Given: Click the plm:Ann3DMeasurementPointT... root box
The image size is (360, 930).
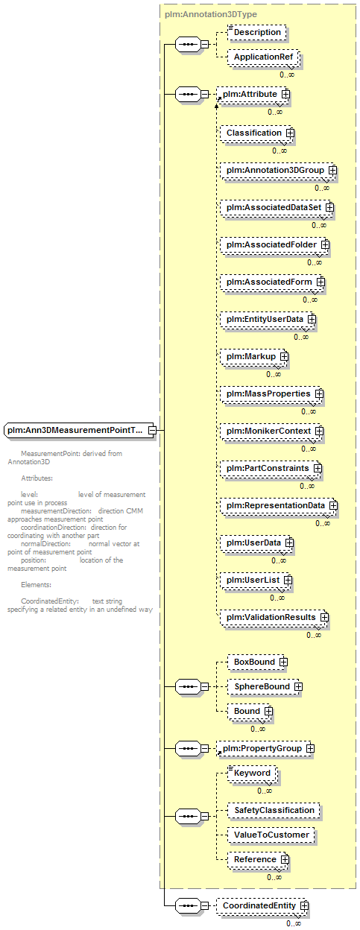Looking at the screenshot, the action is click(x=80, y=430).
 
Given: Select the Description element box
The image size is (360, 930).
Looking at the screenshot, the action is click(x=257, y=32).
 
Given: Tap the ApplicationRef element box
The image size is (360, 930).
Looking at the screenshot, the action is click(x=263, y=57).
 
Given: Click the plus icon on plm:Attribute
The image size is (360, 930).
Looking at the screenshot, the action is click(x=285, y=94).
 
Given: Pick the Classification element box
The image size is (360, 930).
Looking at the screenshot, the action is click(x=256, y=133).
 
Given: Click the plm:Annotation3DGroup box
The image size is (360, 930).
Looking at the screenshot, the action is click(x=277, y=170).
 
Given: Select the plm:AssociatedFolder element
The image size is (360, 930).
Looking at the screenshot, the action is click(x=274, y=245).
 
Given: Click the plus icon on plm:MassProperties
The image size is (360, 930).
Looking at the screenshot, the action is click(x=319, y=393).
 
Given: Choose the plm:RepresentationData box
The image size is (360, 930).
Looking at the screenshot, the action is click(x=278, y=506).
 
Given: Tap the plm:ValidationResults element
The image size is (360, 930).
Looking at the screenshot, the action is click(x=274, y=617).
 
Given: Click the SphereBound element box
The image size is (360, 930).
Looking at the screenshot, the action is click(x=263, y=687).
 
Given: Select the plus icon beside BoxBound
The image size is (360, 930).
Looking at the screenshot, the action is click(x=283, y=662).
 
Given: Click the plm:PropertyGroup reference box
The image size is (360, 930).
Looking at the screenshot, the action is click(x=264, y=748).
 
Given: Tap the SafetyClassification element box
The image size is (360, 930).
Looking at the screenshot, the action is click(x=274, y=811).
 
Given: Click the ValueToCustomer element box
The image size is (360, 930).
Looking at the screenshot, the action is click(x=271, y=835).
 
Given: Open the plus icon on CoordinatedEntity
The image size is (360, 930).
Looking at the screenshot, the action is click(x=304, y=905).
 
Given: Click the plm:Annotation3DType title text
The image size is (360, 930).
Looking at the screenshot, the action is click(x=210, y=15).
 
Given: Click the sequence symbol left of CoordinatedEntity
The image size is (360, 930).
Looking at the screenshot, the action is click(x=188, y=905).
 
